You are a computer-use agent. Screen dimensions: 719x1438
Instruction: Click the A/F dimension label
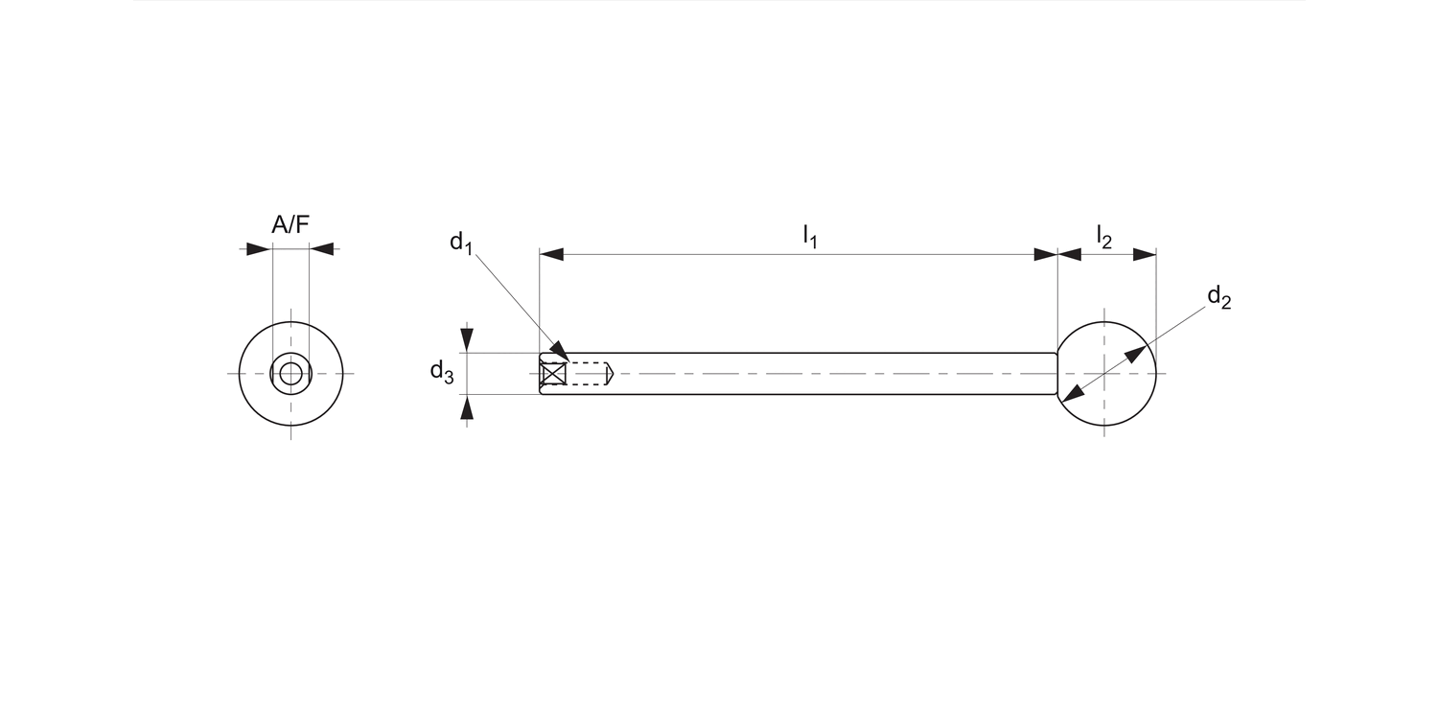click(x=290, y=225)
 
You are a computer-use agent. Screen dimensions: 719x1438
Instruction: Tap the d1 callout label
click(x=461, y=242)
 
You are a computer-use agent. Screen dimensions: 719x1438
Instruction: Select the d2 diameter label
click(x=1218, y=297)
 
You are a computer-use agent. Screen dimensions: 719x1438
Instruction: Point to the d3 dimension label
click(x=441, y=372)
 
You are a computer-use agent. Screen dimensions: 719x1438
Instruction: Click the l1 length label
click(x=809, y=236)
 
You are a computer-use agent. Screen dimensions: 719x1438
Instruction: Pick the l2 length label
click(x=1104, y=236)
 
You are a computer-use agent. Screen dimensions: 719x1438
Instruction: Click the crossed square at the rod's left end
click(x=553, y=374)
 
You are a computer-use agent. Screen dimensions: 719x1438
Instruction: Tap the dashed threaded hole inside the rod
click(x=589, y=374)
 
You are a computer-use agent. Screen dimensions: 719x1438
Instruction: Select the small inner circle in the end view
click(x=290, y=373)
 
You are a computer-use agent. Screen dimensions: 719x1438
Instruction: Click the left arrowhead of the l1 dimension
click(x=550, y=255)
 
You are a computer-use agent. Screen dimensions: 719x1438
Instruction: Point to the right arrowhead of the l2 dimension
click(x=1145, y=255)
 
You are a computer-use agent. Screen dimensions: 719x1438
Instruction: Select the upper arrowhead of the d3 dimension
click(x=467, y=340)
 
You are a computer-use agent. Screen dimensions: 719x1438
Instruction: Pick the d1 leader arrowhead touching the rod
click(x=559, y=354)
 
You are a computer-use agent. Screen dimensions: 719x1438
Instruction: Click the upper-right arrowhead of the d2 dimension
click(x=1136, y=354)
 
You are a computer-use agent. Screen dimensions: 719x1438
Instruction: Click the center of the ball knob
click(x=1105, y=373)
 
